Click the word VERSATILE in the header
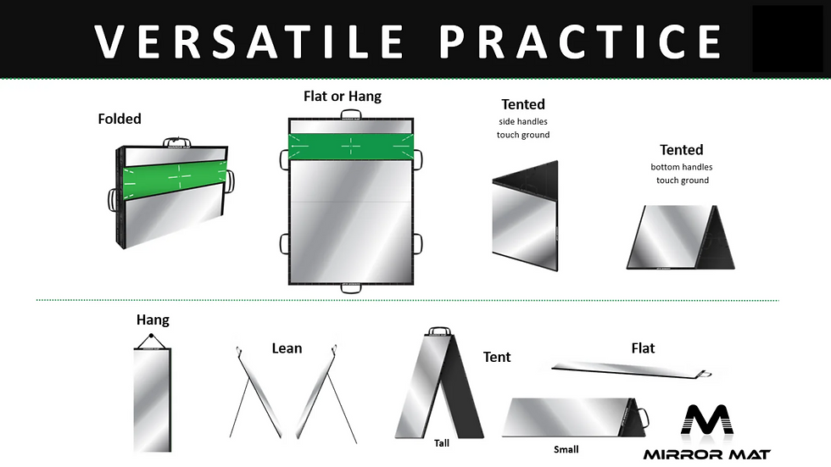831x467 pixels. coord(249,42)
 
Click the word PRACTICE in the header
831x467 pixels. coord(580,42)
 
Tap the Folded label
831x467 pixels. coord(120,119)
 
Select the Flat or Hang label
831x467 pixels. coord(343,97)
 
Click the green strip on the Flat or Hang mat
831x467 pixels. coord(351,147)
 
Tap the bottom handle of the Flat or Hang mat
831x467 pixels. coord(351,289)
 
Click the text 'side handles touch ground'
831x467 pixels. coord(523,128)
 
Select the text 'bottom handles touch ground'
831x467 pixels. coord(682,174)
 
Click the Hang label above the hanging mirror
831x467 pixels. coord(153,320)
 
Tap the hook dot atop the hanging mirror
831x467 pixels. coord(152,336)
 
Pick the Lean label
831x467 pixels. coord(287,348)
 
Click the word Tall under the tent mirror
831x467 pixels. coord(442,443)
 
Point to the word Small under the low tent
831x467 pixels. coord(566,449)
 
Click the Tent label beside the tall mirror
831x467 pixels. coord(497,357)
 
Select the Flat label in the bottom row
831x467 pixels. coord(643,348)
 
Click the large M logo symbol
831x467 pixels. coord(707,420)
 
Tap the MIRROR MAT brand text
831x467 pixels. coord(707,454)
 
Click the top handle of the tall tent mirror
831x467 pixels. coord(439,331)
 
